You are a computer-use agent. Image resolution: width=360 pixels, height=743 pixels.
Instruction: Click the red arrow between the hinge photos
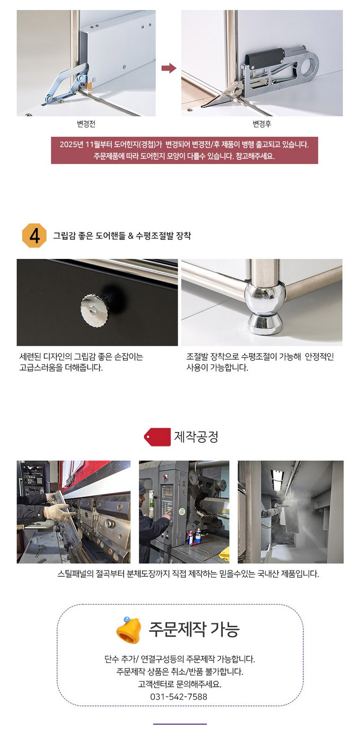point(168,68)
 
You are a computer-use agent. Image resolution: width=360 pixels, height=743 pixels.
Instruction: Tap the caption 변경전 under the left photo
point(86,124)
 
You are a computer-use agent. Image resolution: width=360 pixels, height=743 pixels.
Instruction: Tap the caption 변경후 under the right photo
point(262,124)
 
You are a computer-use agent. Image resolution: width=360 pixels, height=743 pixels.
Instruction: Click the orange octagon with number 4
point(34,235)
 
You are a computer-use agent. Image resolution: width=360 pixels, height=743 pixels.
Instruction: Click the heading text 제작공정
point(196,437)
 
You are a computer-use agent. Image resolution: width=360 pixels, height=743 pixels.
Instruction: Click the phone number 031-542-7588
point(179,696)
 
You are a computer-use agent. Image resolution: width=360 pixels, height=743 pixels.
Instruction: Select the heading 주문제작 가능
point(194,629)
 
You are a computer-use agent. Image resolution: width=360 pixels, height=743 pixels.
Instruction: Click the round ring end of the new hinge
point(311,64)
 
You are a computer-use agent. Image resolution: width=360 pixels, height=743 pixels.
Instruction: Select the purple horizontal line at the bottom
point(180,724)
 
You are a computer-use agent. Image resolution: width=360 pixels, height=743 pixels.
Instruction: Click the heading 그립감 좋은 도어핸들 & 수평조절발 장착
point(122,236)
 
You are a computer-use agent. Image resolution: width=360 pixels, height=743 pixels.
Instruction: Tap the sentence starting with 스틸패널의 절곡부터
point(188,574)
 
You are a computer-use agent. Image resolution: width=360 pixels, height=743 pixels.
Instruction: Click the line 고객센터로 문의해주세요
point(180,684)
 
